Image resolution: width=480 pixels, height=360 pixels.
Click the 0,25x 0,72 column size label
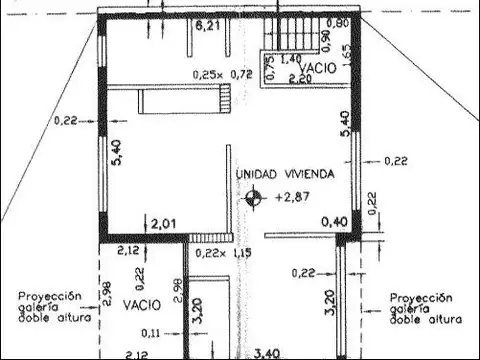coord(222,74)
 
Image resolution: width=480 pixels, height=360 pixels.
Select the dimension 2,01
coord(162,222)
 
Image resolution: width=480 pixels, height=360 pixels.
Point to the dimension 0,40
coord(334,222)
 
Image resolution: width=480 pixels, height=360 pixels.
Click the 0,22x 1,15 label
coord(222,254)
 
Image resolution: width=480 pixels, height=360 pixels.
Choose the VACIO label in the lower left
coord(142,302)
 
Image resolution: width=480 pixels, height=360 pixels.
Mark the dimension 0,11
coord(151,332)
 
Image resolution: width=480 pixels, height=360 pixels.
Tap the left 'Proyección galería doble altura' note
coord(55,307)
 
